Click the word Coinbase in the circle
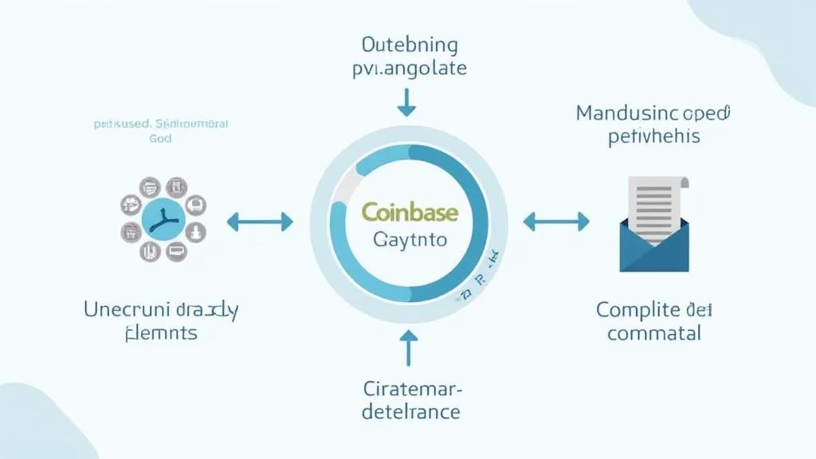point(410,211)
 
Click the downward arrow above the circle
point(407,101)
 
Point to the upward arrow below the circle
point(408,348)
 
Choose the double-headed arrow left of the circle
point(260,222)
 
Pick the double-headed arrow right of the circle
point(555,222)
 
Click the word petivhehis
point(653,136)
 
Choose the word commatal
point(654,332)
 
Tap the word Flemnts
point(162,332)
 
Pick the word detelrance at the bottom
point(410,412)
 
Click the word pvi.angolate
point(409,68)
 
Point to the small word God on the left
point(160,138)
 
